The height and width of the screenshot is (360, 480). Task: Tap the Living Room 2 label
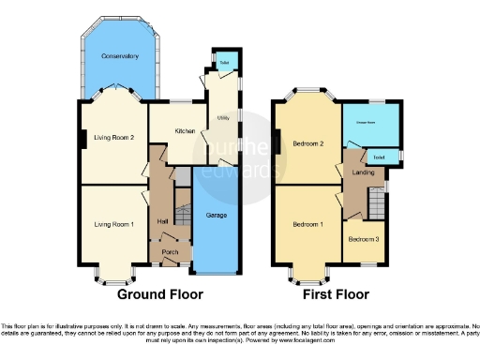pos(113,138)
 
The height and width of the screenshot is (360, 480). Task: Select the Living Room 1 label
pos(113,224)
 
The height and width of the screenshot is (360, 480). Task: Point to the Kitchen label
pos(185,131)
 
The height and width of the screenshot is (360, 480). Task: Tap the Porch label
pos(170,250)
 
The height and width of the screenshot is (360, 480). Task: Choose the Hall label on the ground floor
pos(162,220)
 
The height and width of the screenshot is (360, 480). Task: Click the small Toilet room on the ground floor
pos(225,63)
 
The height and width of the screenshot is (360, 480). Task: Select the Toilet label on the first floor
pos(379,156)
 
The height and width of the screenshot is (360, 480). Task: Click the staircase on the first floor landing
pos(376,202)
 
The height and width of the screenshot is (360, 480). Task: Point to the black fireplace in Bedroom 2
pos(277,142)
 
